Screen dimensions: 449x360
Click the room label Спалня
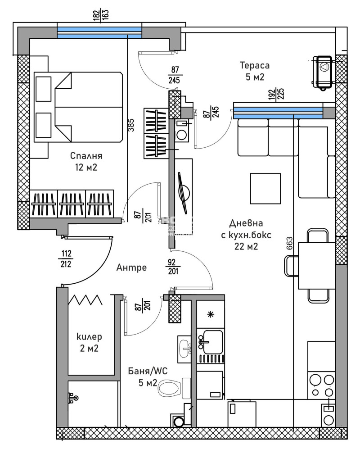[86, 156]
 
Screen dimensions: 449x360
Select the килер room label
[89, 337]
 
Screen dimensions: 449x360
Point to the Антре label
[131, 268]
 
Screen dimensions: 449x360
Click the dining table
[317, 266]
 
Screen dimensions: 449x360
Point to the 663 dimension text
[288, 246]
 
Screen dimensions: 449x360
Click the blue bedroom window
[99, 32]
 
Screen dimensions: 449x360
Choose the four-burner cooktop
[321, 385]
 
